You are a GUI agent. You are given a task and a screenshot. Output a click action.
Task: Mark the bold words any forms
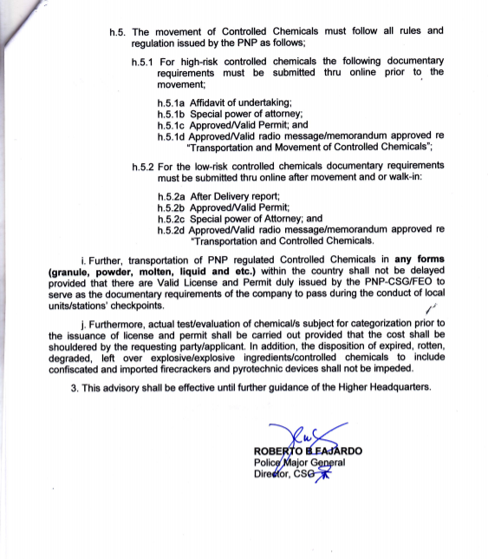(419, 260)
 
